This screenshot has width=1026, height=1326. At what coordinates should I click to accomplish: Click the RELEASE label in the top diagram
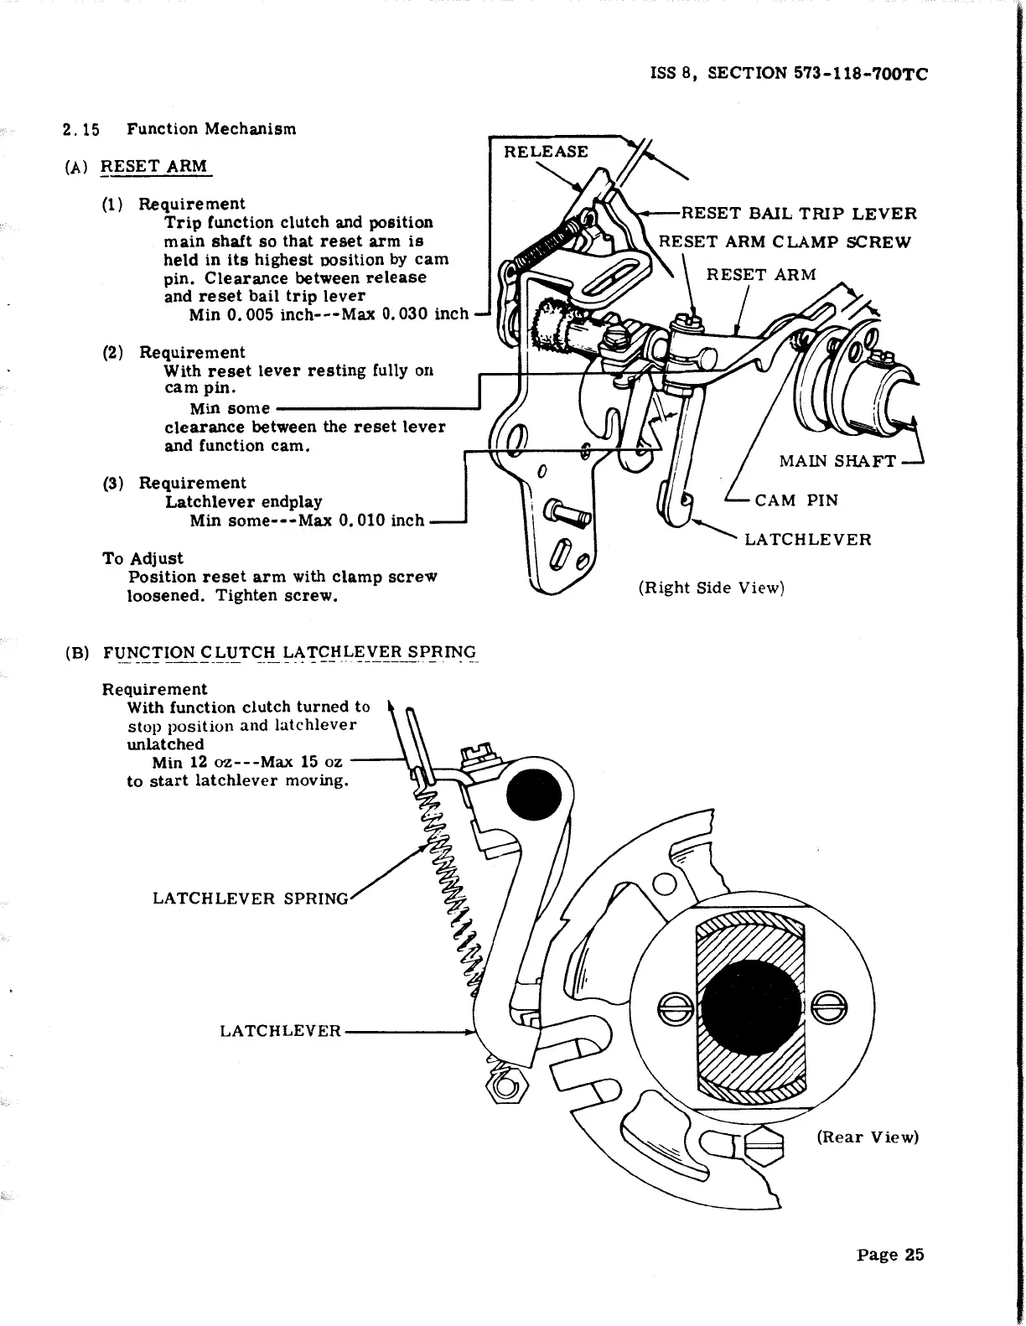pos(546,152)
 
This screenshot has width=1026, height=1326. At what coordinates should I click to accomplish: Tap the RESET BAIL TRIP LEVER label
pos(799,214)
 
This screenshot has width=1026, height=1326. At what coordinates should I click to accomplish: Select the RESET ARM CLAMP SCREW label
pos(784,242)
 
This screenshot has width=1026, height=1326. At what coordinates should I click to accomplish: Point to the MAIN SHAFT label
pos(837,461)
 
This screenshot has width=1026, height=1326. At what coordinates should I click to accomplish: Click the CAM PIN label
pos(795,500)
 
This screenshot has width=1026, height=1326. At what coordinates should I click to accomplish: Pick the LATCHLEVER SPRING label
pos(250,899)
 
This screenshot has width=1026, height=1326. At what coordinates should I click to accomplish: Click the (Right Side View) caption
pos(711,588)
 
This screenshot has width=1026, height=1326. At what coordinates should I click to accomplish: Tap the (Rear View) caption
pos(868,1137)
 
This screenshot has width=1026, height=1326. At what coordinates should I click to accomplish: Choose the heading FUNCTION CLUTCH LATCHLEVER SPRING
pos(289,653)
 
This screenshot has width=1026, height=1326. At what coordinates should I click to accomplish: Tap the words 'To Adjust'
pos(142,558)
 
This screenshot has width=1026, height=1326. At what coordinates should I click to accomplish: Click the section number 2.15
pos(80,129)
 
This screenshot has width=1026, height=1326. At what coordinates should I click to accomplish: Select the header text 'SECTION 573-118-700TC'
pos(818,73)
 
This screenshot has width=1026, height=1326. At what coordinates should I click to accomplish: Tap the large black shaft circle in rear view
pos(749,1002)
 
